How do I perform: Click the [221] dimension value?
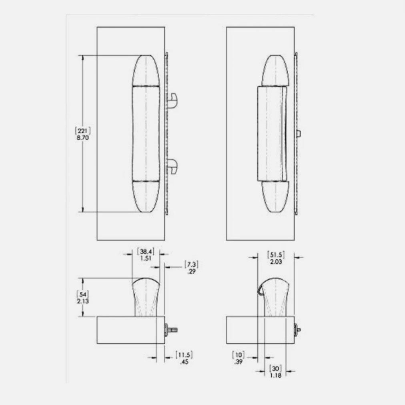click(x=83, y=130)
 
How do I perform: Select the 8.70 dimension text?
click(x=83, y=137)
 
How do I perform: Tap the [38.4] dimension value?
click(x=144, y=251)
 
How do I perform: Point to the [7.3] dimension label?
click(x=191, y=265)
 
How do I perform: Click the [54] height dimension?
click(x=82, y=294)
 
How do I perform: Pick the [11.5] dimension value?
click(x=184, y=355)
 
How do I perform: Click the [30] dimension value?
click(x=275, y=368)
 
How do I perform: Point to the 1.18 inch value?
click(x=275, y=375)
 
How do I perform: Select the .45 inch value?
click(x=184, y=362)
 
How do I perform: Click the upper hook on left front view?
click(x=173, y=100)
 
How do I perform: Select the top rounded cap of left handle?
click(x=146, y=70)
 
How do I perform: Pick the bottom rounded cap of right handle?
click(x=275, y=197)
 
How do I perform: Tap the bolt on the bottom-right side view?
click(x=298, y=330)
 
